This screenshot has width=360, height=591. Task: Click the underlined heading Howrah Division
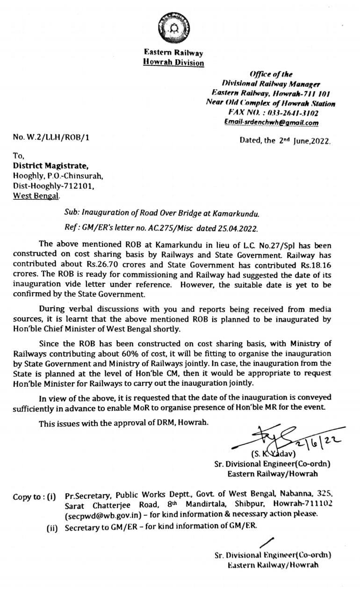pos(173,62)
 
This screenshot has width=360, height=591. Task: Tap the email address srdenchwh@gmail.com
pos(271,123)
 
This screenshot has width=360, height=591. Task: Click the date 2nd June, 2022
pos(285,140)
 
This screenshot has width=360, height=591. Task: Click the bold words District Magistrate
pos(50,165)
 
